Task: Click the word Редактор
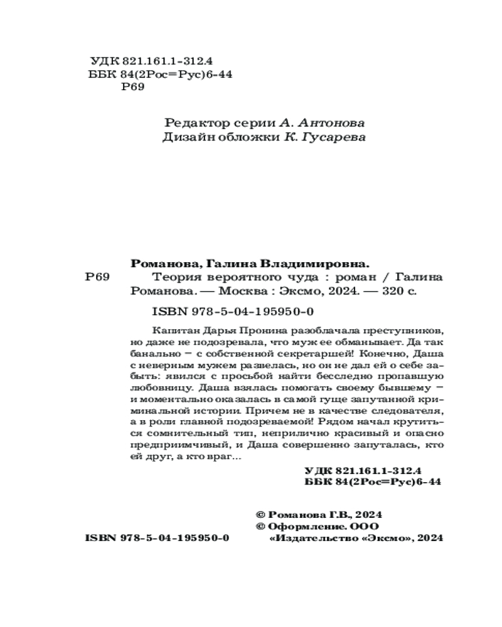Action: (x=190, y=122)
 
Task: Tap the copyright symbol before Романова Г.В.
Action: (x=262, y=514)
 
